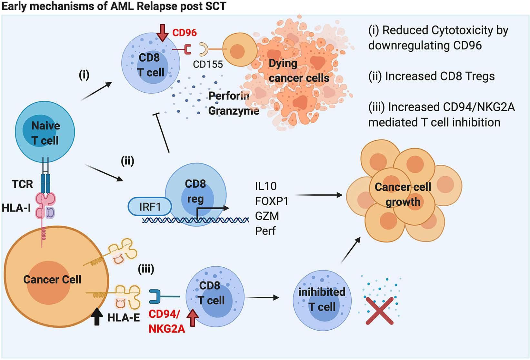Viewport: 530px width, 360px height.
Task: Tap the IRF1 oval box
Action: tap(150, 207)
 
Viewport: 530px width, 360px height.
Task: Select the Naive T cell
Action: tap(45, 132)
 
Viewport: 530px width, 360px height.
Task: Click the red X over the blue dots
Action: tap(380, 311)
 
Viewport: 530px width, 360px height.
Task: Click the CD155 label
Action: tap(208, 64)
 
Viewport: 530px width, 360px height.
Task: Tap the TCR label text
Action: tap(22, 184)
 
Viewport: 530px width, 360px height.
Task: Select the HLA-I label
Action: tap(16, 208)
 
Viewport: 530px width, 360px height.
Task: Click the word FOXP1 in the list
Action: tap(272, 201)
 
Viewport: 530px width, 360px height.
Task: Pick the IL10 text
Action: tap(266, 186)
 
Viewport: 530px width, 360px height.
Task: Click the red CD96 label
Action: tap(184, 33)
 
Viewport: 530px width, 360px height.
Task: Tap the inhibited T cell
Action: tap(322, 300)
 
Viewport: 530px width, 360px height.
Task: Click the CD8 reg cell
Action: tap(195, 195)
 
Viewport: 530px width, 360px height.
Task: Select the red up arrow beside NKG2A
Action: tap(193, 318)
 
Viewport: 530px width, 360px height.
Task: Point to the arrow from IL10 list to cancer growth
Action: tap(319, 195)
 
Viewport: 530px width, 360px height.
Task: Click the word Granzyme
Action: tap(234, 111)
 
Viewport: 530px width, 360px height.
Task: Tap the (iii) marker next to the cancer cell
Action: tap(146, 269)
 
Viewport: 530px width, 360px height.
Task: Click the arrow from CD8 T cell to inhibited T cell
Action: tap(262, 298)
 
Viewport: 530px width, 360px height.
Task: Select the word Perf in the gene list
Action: tap(265, 231)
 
